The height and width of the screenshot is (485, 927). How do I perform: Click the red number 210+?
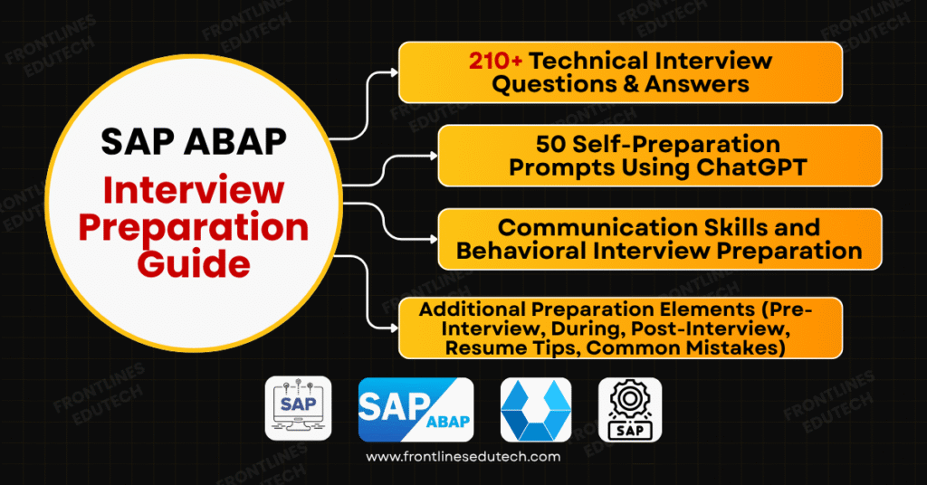[x=495, y=62]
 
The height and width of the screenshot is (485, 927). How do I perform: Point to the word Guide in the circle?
[x=194, y=264]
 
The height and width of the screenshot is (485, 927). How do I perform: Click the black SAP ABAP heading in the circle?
[x=194, y=141]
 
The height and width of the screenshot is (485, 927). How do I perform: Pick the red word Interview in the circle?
[x=194, y=190]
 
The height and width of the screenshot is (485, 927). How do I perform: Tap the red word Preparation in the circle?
[x=194, y=227]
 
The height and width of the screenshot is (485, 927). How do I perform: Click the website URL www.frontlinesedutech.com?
[x=463, y=457]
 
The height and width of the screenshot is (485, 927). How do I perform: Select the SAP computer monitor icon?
[x=298, y=408]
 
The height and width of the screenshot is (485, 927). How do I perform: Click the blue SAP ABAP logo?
[x=416, y=409]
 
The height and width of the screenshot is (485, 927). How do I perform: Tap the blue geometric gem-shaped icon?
[x=535, y=409]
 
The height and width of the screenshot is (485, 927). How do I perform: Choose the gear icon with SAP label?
[x=630, y=409]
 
